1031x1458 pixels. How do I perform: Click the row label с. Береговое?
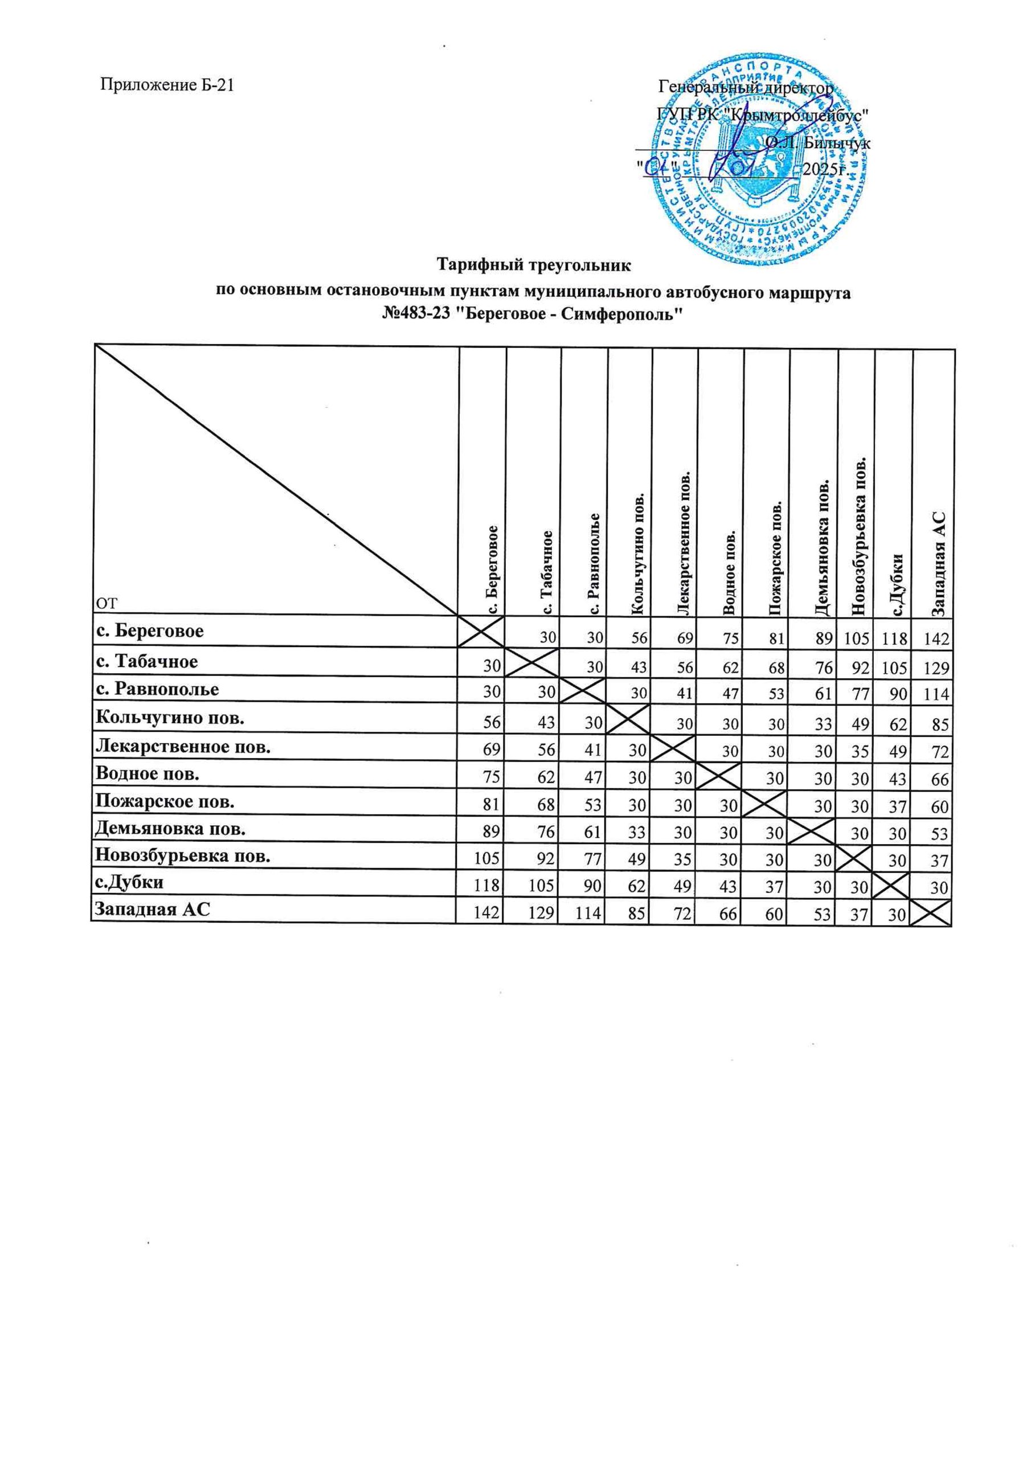(150, 631)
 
